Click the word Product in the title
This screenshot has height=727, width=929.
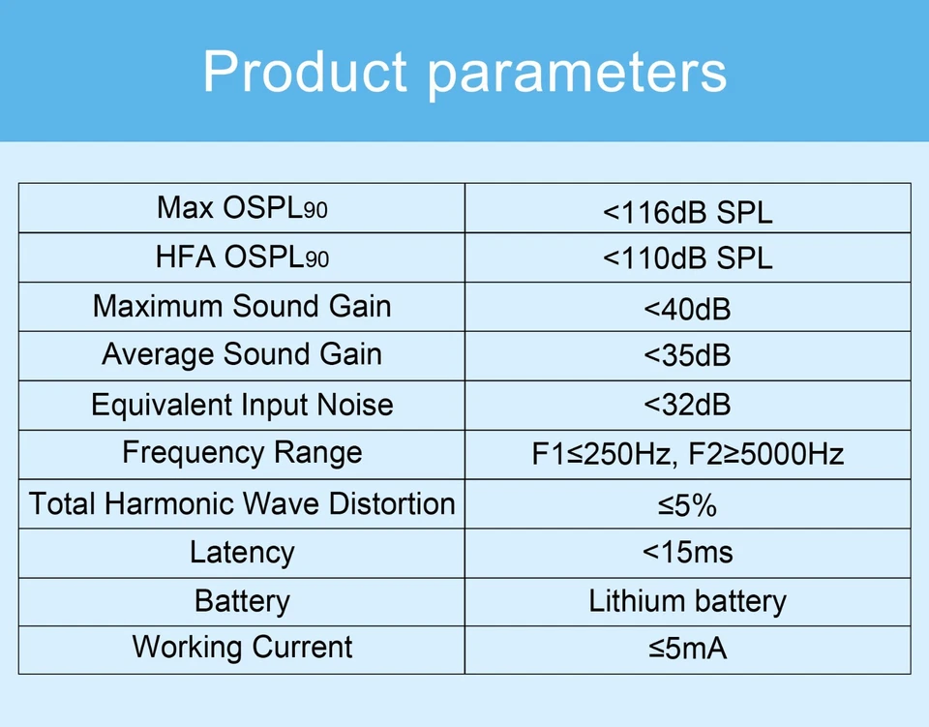[305, 71]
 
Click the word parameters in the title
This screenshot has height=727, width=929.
[577, 75]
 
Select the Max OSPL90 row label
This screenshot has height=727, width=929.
[242, 208]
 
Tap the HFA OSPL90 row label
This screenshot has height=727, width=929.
[242, 257]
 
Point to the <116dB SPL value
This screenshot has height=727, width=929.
[687, 212]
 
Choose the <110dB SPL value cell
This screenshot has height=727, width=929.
[687, 258]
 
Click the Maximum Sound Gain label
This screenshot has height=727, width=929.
[242, 306]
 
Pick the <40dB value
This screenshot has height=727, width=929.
[687, 309]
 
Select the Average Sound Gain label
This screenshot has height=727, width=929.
[242, 354]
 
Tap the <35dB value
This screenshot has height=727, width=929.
[687, 355]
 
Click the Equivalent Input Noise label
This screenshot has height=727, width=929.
[242, 406]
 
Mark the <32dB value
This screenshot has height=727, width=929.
[687, 406]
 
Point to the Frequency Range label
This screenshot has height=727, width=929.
[242, 454]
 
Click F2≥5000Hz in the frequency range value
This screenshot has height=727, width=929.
[766, 454]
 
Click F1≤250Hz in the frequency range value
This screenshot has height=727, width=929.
[601, 454]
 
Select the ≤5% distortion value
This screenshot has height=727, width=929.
[687, 505]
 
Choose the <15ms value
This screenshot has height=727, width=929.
[687, 552]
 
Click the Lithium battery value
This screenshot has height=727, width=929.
[687, 601]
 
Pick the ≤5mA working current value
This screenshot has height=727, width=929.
[687, 649]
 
